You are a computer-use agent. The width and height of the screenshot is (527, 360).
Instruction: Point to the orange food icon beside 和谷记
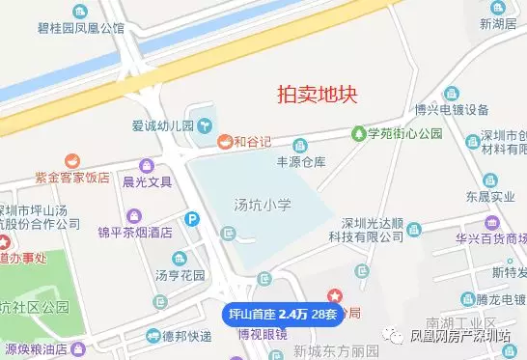click(223, 142)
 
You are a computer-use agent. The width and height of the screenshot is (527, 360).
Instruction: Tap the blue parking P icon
click(193, 220)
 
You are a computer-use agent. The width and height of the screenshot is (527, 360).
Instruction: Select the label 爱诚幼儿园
click(164, 125)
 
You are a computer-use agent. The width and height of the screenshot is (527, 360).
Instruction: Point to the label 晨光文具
click(147, 180)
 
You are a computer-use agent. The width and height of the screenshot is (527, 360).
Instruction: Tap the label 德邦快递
click(185, 336)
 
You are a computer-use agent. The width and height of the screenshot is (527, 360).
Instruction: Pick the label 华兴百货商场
click(488, 235)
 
